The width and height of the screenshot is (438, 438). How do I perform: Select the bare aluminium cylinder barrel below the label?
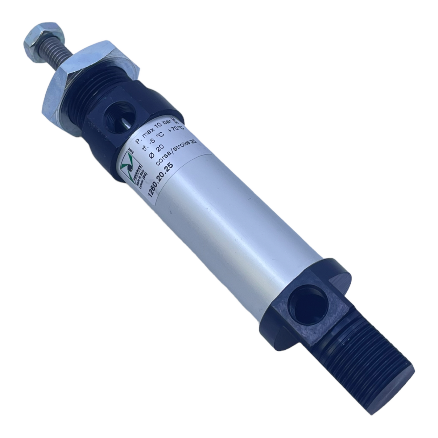point(241,234)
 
